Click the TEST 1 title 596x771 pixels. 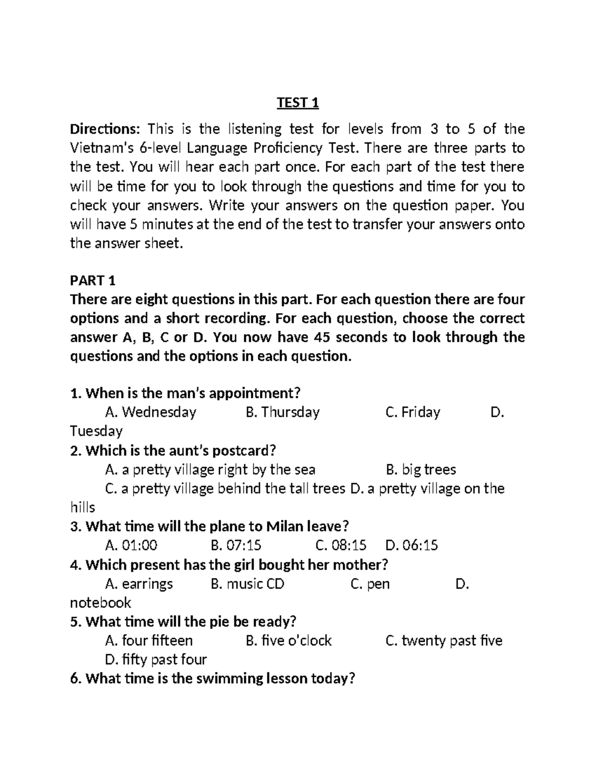pos(298,103)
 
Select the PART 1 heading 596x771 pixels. pos(93,280)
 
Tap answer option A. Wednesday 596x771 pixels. pos(151,412)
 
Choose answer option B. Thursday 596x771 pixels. pos(283,412)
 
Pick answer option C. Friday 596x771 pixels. pos(413,412)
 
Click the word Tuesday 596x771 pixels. pos(96,431)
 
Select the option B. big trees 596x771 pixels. pos(421,469)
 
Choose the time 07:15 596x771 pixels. pos(236,545)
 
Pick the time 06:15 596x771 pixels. pos(412,545)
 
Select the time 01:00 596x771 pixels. pos(132,545)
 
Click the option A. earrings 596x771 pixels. pos(139,583)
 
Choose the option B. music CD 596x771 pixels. pos(247,583)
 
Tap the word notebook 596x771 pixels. pos(100,602)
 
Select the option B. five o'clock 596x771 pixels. pos(289,640)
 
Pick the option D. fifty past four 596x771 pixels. pos(156,659)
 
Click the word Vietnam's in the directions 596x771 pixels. pos(101,148)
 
